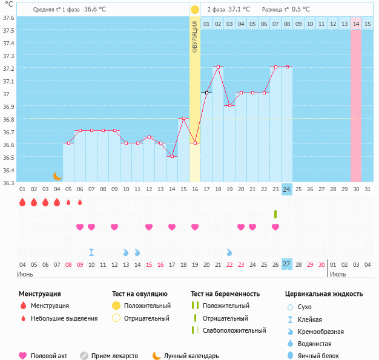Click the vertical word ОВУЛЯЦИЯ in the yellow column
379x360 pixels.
click(195, 36)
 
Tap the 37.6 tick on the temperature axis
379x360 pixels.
click(9, 18)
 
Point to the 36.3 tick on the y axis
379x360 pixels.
click(9, 182)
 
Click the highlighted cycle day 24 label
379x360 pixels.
click(287, 189)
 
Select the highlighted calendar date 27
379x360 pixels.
click(287, 264)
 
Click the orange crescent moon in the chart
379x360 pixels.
click(57, 175)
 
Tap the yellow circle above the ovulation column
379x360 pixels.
click(195, 10)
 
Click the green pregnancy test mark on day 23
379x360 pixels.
click(275, 214)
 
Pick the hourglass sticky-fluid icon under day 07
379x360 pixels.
click(91, 252)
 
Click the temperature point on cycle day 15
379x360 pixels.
click(183, 118)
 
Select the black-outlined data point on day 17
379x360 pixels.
click(206, 93)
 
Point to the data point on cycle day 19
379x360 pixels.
click(229, 105)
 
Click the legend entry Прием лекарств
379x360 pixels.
click(114, 356)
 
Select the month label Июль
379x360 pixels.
click(338, 274)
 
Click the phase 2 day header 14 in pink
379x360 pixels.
click(356, 24)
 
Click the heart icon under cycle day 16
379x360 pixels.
click(195, 227)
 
